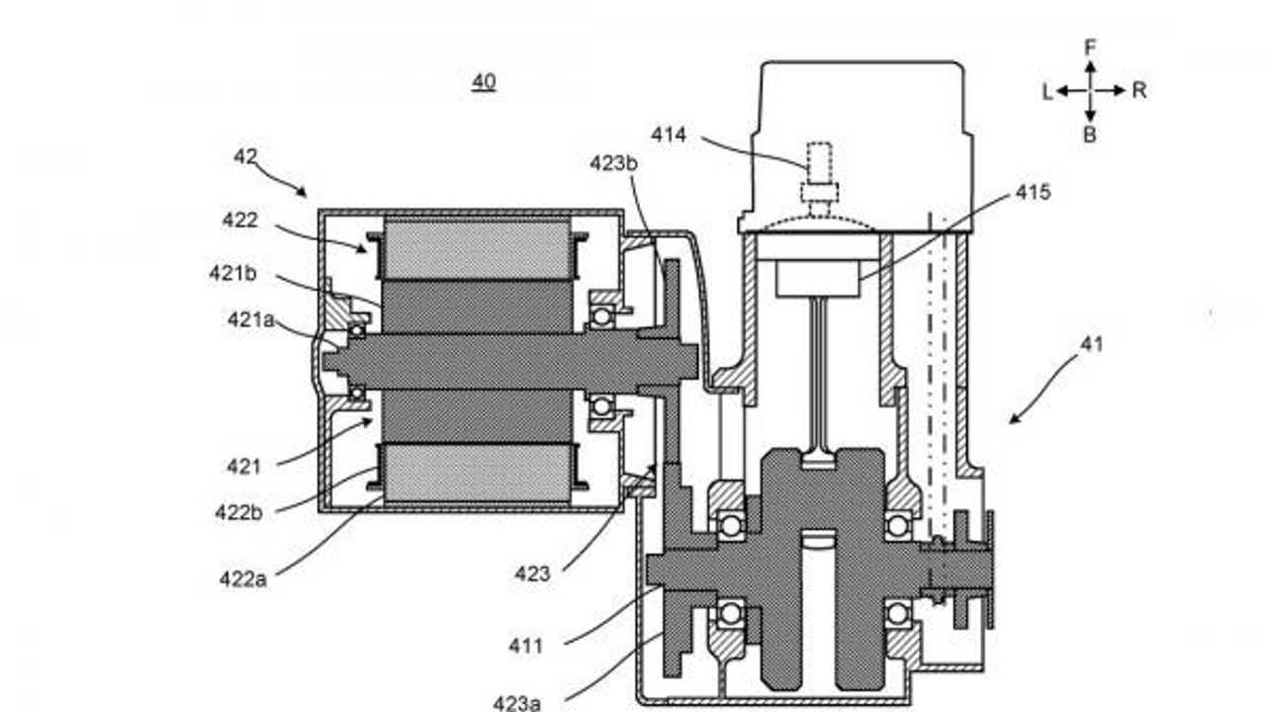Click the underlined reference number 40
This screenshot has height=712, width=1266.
click(484, 82)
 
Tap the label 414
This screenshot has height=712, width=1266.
click(669, 134)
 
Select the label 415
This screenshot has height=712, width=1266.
click(1034, 192)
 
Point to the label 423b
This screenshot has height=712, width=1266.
click(614, 163)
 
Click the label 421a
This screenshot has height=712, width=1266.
click(251, 319)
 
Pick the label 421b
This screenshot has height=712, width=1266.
click(232, 274)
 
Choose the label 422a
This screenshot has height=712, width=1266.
click(243, 579)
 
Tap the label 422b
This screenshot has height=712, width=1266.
click(238, 512)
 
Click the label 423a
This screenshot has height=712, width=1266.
click(516, 703)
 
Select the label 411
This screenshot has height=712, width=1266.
click(525, 646)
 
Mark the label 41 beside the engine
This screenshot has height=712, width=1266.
click(1091, 344)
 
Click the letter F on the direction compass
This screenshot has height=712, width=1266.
click(1090, 47)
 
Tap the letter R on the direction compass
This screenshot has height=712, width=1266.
click(1139, 90)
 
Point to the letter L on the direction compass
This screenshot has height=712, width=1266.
click(1047, 92)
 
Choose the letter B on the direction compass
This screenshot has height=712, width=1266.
click(1090, 134)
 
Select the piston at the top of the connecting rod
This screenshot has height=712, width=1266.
click(818, 278)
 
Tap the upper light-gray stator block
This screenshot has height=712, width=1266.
click(477, 249)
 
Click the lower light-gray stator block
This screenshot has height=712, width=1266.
click(477, 473)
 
